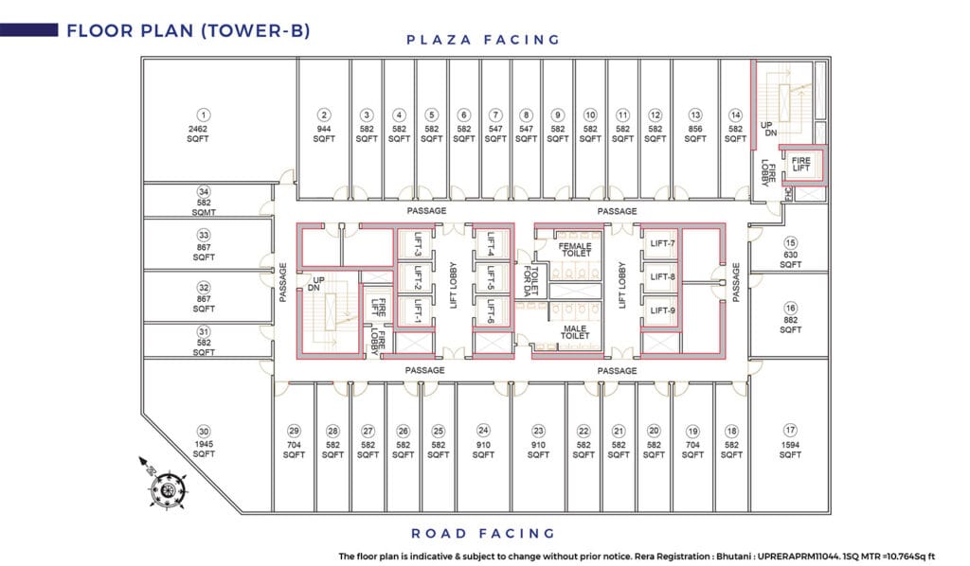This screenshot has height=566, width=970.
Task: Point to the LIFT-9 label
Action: pyautogui.click(x=662, y=310)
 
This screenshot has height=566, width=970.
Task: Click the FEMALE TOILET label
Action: pyautogui.click(x=575, y=250)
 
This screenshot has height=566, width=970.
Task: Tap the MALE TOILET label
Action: pyautogui.click(x=575, y=332)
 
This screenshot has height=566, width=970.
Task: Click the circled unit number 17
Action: pyautogui.click(x=790, y=431)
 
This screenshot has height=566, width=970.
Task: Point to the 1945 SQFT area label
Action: pyautogui.click(x=203, y=450)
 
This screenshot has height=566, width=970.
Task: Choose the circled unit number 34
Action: pyautogui.click(x=203, y=191)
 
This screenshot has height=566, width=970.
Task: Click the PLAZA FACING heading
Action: pyautogui.click(x=483, y=40)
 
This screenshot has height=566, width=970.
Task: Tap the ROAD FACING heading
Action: pyautogui.click(x=483, y=533)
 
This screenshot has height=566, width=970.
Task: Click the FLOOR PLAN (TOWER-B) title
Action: pyautogui.click(x=187, y=30)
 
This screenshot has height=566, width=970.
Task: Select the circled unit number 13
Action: pyautogui.click(x=695, y=114)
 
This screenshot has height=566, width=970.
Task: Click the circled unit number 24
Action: pyautogui.click(x=483, y=431)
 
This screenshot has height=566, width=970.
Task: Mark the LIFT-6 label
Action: pyautogui.click(x=492, y=311)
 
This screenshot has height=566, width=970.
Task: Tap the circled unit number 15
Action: pyautogui.click(x=790, y=242)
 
